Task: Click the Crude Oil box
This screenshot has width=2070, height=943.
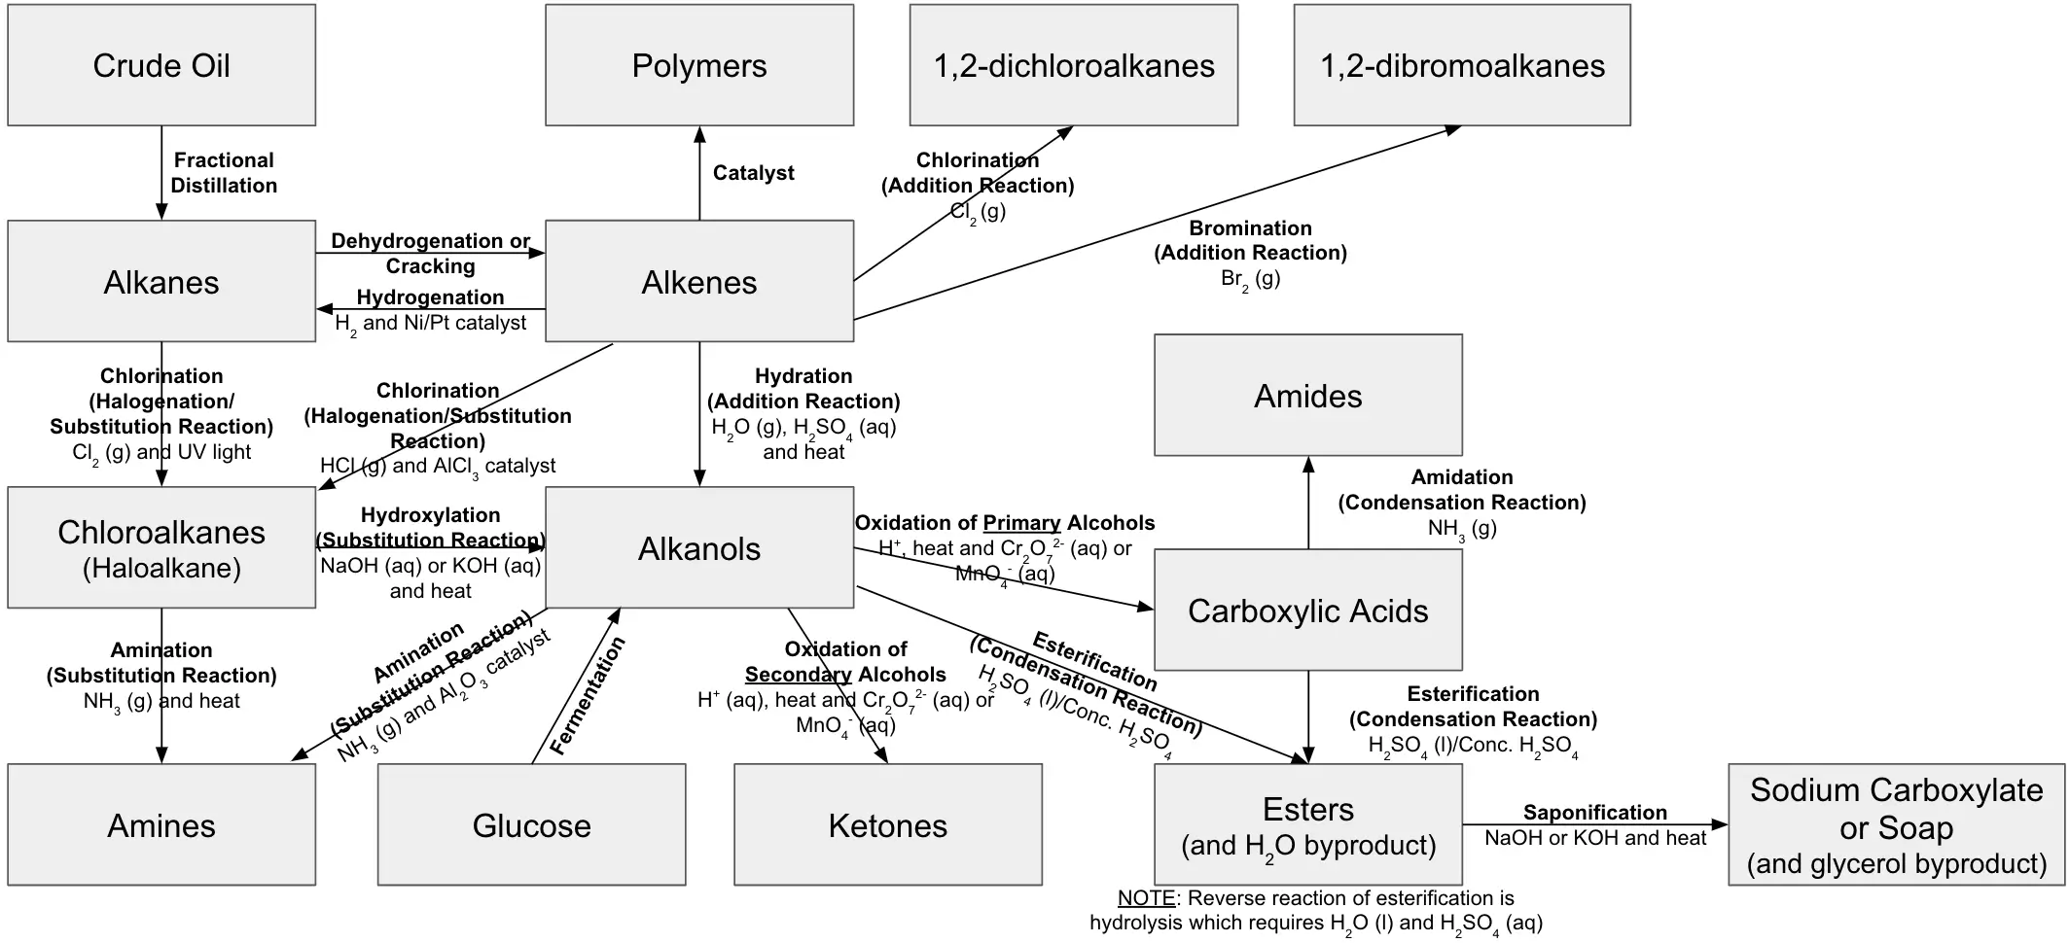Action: (x=161, y=65)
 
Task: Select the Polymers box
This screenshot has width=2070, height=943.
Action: (x=698, y=65)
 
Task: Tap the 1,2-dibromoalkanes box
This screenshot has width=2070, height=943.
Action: (x=1461, y=65)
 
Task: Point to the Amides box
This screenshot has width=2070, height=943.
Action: (x=1307, y=396)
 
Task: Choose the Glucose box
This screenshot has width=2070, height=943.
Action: (x=531, y=824)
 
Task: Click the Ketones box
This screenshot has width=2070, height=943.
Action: (x=887, y=824)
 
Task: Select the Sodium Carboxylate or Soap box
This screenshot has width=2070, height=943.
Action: (x=1896, y=824)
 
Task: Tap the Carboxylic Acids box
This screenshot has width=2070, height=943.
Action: (x=1307, y=610)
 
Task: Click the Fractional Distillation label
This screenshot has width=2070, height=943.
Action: (x=224, y=172)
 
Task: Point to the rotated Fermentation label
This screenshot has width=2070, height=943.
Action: (x=587, y=696)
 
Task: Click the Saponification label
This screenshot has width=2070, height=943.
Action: (x=1594, y=813)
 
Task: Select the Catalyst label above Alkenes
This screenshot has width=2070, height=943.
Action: (x=753, y=173)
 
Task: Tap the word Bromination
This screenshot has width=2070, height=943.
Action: (x=1250, y=228)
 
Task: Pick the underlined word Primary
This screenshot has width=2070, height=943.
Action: (x=1021, y=523)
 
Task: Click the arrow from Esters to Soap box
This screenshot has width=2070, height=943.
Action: (x=1595, y=825)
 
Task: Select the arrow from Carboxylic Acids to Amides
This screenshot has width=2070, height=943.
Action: (x=1308, y=503)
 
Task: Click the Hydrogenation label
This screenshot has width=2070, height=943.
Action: (x=430, y=297)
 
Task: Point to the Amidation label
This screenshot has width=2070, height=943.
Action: (x=1461, y=477)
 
